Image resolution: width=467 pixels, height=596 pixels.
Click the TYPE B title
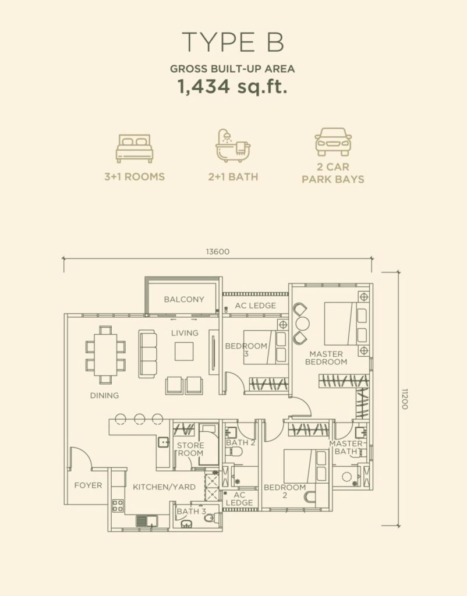point(233,42)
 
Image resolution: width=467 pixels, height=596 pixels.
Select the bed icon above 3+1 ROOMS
point(135,148)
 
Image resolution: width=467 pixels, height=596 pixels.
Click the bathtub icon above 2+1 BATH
point(233,146)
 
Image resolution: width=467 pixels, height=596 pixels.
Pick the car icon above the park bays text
point(333,141)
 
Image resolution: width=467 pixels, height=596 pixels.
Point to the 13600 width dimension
point(218,251)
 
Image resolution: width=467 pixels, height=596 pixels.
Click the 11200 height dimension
point(404,399)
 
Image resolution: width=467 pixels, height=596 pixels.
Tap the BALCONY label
point(184,299)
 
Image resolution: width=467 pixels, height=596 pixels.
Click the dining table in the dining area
point(105,354)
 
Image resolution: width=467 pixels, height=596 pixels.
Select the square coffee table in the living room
point(184,351)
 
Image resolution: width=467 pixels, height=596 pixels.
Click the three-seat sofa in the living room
point(147,354)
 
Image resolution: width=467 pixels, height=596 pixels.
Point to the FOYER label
point(89,485)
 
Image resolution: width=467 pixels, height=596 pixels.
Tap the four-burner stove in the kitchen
point(118,506)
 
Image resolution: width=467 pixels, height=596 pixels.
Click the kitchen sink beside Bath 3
point(147,521)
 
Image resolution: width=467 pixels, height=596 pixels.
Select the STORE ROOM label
point(190,449)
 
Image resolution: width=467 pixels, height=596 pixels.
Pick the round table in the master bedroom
point(302,324)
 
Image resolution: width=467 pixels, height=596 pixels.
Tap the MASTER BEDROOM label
point(326,358)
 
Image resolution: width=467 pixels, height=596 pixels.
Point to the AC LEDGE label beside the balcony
point(256,305)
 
